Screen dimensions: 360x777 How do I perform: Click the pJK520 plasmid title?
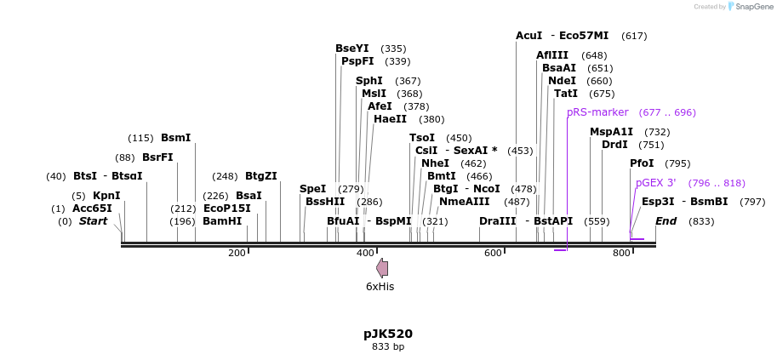coord(387,334)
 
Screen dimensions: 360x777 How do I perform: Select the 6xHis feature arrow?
coord(382,268)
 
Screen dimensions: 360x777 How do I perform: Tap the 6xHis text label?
coord(380,287)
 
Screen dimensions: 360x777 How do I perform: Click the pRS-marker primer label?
coord(597,112)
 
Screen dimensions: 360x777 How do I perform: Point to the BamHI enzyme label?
coord(222,221)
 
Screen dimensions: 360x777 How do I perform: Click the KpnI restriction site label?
coord(106,196)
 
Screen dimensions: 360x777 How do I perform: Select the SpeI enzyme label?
coord(312,189)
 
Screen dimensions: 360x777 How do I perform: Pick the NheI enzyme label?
coord(435,163)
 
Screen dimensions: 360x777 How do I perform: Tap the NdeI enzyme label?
coord(562,81)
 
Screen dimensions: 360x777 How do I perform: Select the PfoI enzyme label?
coord(642,163)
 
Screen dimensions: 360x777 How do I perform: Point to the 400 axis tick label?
coord(365,254)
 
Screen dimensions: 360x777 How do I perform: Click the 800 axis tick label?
coord(621,254)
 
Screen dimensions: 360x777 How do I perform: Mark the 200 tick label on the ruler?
coord(237,254)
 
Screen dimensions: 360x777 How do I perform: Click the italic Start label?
coord(94,221)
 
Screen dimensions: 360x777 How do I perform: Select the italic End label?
coord(666,221)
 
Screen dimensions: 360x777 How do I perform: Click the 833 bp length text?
coord(387,347)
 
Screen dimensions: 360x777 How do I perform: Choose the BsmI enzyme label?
coord(175,138)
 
